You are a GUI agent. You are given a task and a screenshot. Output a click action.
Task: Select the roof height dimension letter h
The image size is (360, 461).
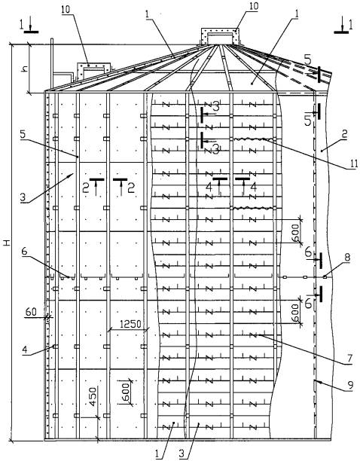(x=26, y=69)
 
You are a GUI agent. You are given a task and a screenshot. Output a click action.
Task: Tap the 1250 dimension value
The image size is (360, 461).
(x=130, y=325)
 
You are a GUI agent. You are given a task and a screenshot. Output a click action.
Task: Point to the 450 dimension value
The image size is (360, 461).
(x=93, y=397)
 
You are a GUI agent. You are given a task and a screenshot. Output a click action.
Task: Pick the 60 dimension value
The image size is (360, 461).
(x=31, y=311)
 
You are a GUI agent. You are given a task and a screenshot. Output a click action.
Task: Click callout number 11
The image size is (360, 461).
(x=353, y=163)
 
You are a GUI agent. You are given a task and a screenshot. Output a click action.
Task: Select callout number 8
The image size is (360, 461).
(x=347, y=258)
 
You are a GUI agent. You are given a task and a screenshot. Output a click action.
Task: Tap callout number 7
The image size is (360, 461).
(x=349, y=359)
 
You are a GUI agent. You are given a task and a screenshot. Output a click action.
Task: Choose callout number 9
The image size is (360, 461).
(x=350, y=386)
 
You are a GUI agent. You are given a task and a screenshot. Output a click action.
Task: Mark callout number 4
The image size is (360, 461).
(x=25, y=350)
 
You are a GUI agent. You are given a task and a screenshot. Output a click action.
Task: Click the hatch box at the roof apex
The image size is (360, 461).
(x=219, y=36)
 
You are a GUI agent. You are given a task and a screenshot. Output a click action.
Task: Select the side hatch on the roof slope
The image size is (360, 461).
(x=93, y=71)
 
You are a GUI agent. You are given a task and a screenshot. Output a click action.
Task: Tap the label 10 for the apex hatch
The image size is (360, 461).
(x=252, y=6)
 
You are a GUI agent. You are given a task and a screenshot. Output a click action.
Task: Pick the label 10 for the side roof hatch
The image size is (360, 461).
(x=66, y=9)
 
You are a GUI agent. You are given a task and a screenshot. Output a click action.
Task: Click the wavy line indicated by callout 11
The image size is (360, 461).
(x=253, y=139)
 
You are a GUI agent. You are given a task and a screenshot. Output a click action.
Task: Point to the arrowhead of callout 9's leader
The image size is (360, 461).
(x=317, y=382)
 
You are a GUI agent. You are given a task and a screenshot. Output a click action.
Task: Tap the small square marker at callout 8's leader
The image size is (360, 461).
(x=325, y=276)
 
